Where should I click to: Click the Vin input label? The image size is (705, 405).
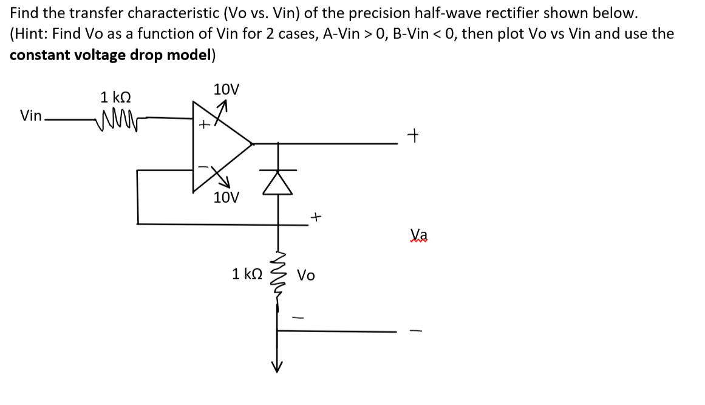(30, 115)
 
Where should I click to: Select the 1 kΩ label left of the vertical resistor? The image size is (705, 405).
(247, 274)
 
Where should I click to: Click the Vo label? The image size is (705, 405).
(306, 276)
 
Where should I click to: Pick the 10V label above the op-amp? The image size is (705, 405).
(226, 90)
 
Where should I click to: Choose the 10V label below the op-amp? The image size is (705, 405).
(226, 197)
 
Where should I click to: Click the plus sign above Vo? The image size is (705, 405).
(316, 216)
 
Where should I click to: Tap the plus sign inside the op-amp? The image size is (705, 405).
(205, 125)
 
